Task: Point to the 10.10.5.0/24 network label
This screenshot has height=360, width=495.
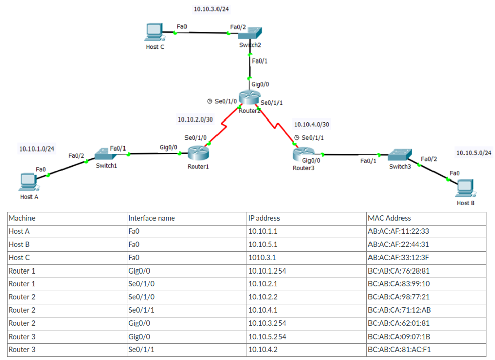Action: (x=474, y=153)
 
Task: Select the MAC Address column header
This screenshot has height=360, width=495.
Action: (x=389, y=218)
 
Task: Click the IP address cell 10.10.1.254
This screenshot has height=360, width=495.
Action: (x=267, y=271)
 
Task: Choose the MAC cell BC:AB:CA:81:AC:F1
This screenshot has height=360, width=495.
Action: (x=399, y=349)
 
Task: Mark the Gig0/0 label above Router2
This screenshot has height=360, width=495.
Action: (x=260, y=84)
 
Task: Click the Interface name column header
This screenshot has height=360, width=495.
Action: (x=151, y=218)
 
